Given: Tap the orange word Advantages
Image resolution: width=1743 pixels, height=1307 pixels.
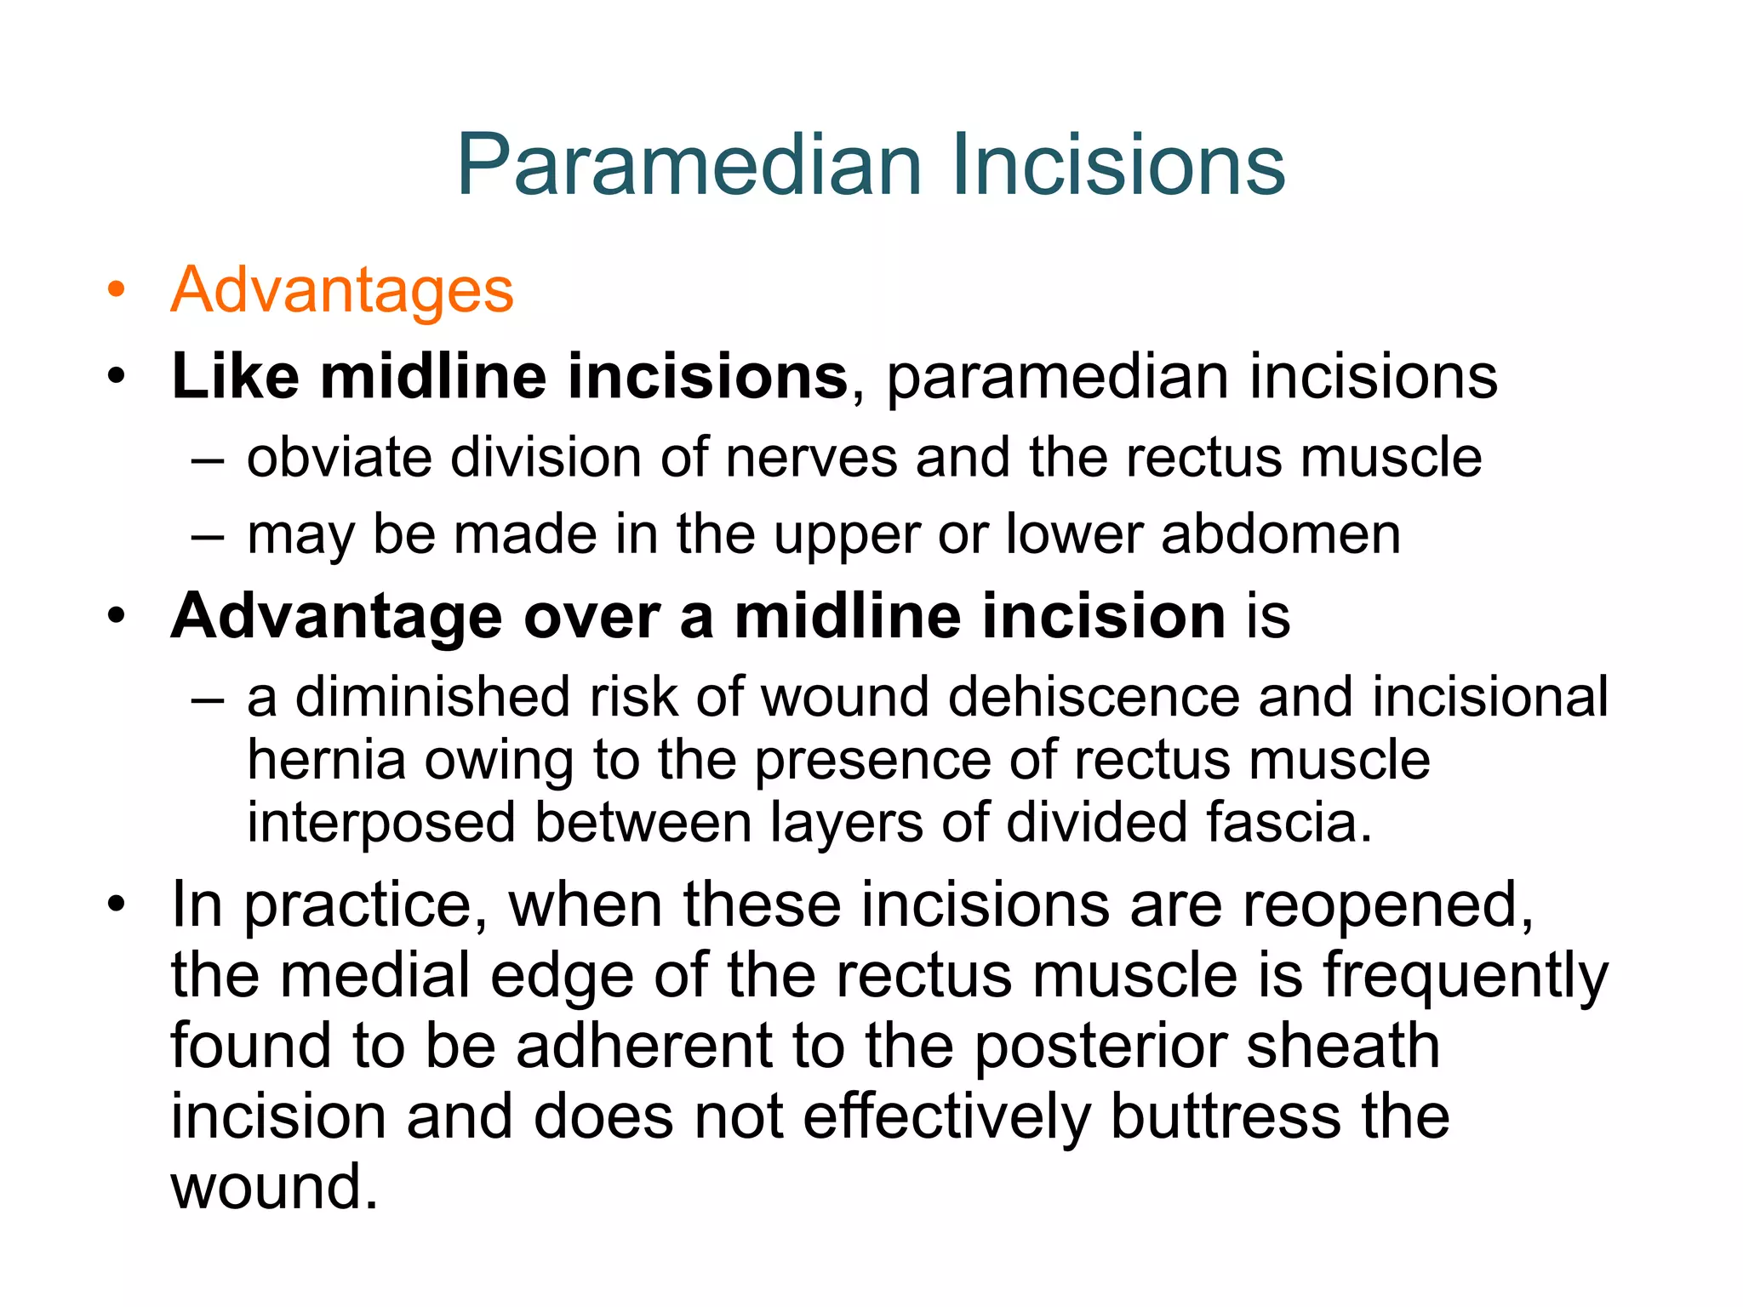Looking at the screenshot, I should [342, 290].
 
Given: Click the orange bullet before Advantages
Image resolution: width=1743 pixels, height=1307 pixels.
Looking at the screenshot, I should [116, 290].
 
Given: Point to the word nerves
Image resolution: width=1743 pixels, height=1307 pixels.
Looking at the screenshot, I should [811, 458].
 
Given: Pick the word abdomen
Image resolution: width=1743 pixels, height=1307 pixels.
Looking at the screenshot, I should [1280, 534].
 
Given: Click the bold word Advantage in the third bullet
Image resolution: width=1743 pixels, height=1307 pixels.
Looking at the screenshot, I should [336, 616].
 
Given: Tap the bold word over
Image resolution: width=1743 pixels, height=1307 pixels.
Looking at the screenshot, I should [591, 616].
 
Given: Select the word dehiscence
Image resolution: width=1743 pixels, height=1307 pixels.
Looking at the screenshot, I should [1094, 697].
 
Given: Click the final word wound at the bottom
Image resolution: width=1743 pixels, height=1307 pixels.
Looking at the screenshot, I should [274, 1187].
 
